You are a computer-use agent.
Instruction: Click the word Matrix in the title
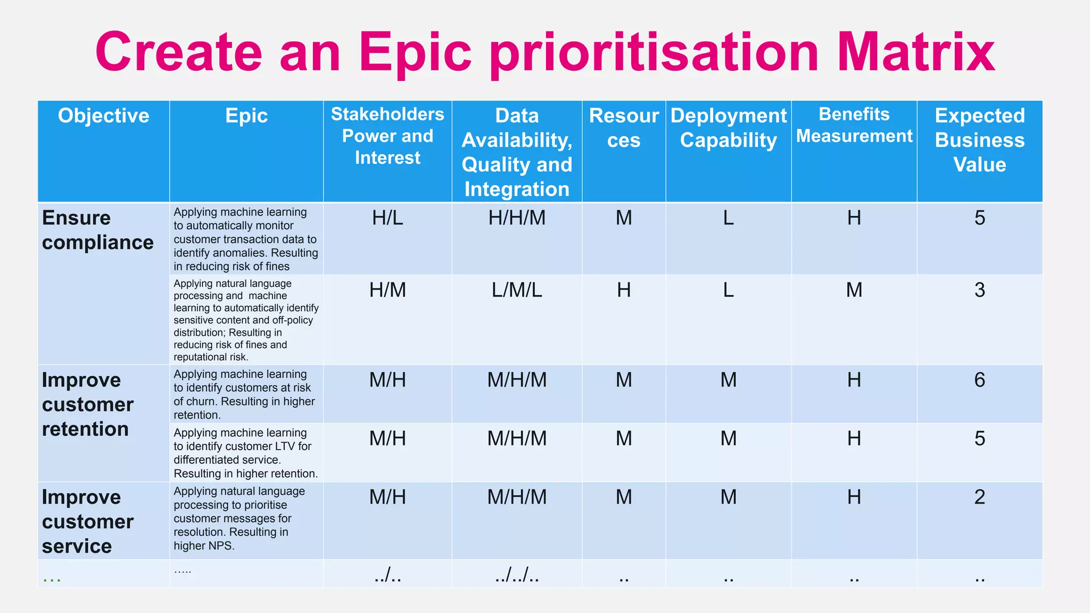click(915, 52)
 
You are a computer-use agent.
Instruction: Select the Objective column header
click(103, 116)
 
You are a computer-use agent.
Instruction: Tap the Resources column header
click(624, 128)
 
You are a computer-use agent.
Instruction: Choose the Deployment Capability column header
click(728, 128)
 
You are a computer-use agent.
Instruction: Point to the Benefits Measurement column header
click(854, 126)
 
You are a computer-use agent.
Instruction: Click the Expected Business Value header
click(979, 140)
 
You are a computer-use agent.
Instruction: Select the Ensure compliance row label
click(97, 230)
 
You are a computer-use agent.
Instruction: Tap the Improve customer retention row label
click(87, 404)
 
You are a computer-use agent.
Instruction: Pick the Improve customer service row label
click(87, 521)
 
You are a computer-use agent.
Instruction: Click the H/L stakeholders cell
click(387, 218)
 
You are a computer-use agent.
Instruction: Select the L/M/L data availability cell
click(517, 290)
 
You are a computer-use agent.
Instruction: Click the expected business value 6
click(979, 380)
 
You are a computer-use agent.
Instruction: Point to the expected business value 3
click(979, 290)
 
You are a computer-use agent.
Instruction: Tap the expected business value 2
click(979, 497)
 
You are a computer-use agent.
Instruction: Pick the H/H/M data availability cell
click(517, 218)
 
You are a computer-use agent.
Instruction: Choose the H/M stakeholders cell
click(387, 290)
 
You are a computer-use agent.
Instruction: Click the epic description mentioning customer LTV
click(245, 453)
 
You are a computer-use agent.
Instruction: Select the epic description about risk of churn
click(244, 394)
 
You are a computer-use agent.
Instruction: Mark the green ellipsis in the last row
click(52, 578)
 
